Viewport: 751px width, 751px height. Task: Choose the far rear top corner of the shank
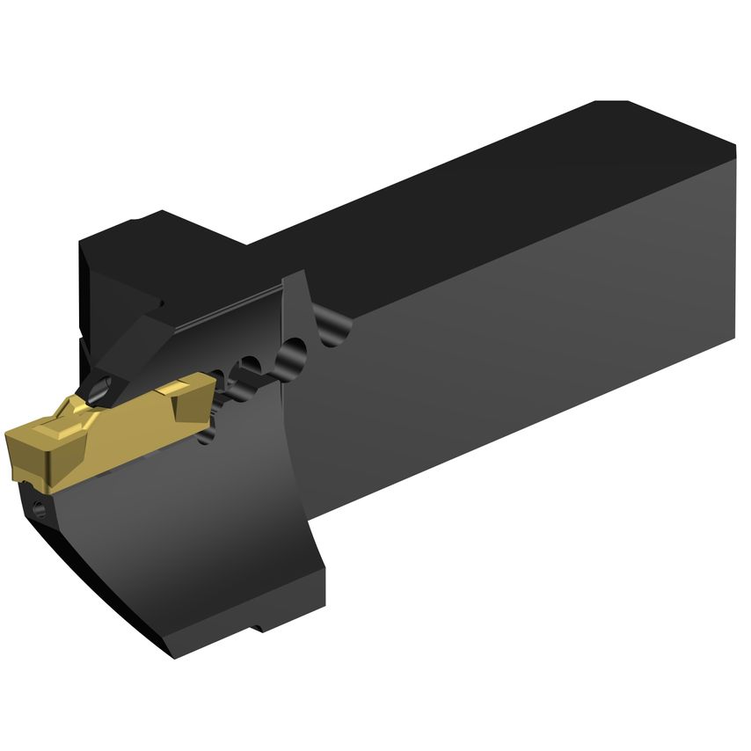click(607, 102)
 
